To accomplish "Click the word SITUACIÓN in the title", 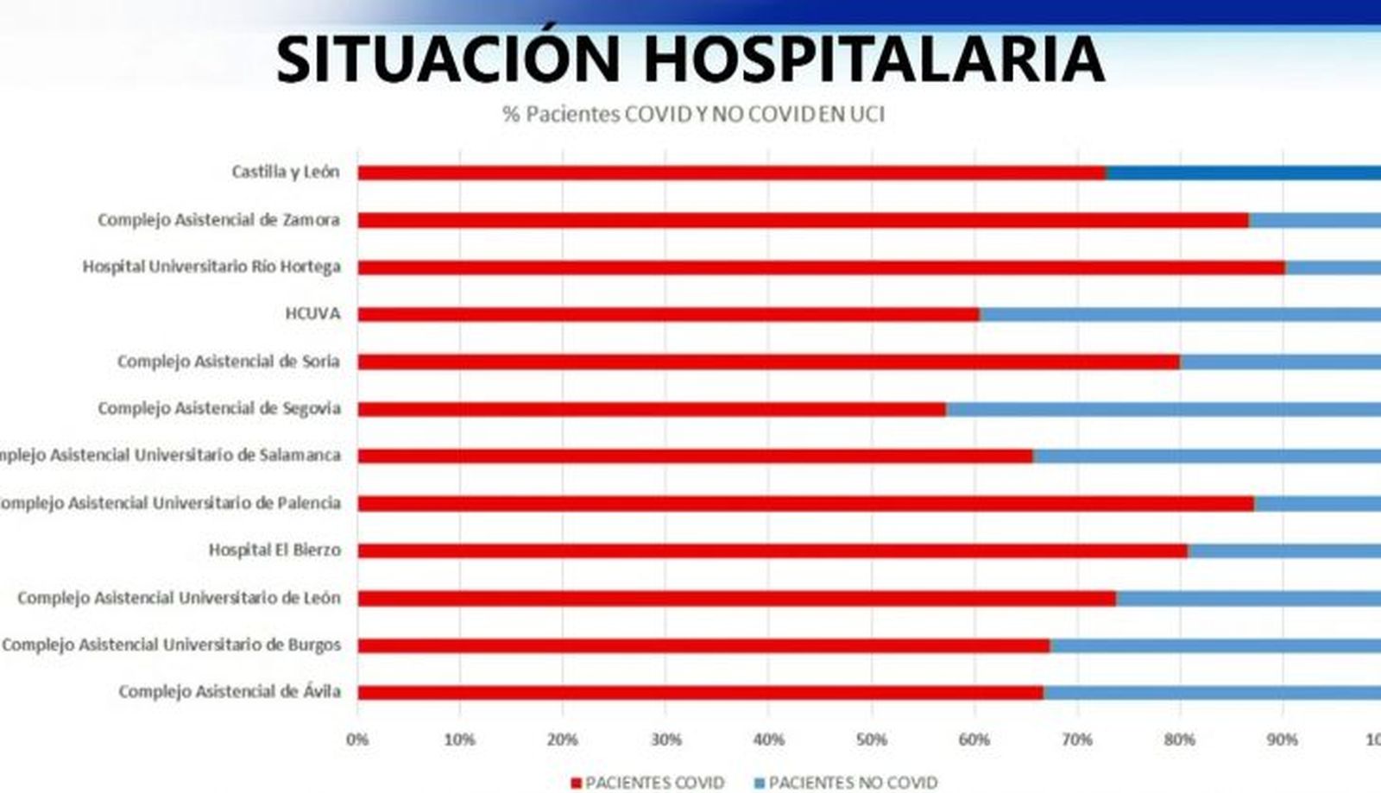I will point(448,59).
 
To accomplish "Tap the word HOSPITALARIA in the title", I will point(873,59).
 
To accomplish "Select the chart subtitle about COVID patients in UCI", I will point(693,114).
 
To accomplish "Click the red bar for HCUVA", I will point(668,314).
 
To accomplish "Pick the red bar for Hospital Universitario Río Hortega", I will point(821,267).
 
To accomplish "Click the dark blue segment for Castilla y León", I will point(1243,173).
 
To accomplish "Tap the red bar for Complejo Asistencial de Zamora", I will point(803,221).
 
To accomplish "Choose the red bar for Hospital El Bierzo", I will point(772,551).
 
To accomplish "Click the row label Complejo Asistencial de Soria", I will point(228,361).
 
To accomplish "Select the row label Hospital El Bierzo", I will point(274,550).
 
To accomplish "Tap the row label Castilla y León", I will point(285,172).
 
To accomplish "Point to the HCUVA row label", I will point(312,313).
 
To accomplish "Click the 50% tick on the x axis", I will point(871,740).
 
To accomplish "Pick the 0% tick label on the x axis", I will point(356,740).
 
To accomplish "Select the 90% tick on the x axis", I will point(1282,740).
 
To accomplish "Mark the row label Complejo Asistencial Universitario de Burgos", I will point(171,645).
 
